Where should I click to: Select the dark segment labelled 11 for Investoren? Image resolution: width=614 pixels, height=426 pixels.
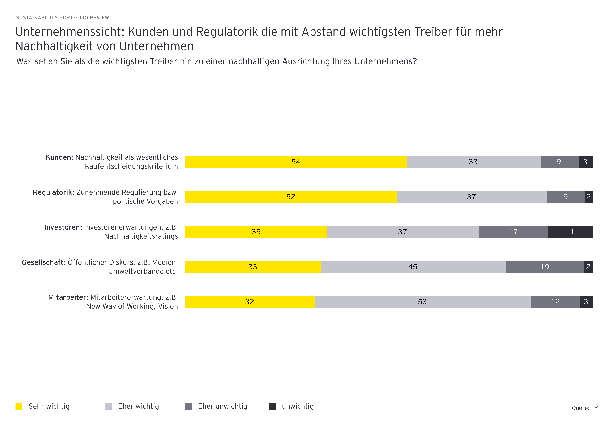pyautogui.click(x=570, y=232)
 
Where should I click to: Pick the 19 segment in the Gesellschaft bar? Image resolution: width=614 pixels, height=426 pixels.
pyautogui.click(x=545, y=267)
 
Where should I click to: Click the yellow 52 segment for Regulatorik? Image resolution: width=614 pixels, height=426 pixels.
pyautogui.click(x=291, y=197)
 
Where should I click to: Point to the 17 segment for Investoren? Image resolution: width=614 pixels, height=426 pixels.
pyautogui.click(x=513, y=232)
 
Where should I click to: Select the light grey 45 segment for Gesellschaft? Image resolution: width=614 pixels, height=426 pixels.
pyautogui.click(x=413, y=267)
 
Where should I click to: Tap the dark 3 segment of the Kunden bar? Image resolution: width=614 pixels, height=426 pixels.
pyautogui.click(x=585, y=162)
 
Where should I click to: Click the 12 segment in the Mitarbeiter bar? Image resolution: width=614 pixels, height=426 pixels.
pyautogui.click(x=555, y=302)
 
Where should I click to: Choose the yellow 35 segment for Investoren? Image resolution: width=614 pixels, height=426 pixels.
pyautogui.click(x=256, y=232)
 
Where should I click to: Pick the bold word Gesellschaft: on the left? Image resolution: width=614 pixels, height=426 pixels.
pyautogui.click(x=43, y=262)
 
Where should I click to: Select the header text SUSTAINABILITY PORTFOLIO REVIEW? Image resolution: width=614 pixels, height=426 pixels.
pyautogui.click(x=63, y=18)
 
